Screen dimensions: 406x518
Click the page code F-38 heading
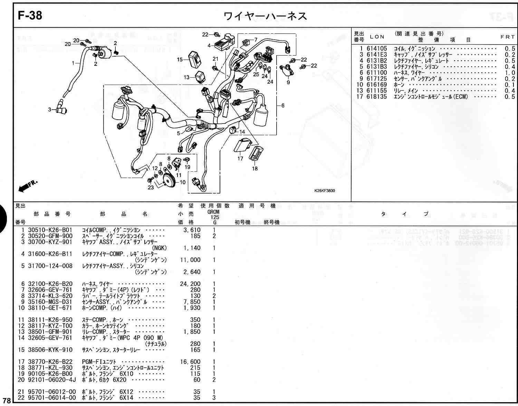pyautogui.click(x=30, y=16)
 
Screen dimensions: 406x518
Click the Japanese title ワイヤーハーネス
pyautogui.click(x=265, y=16)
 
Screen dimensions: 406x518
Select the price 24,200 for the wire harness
pyautogui.click(x=190, y=284)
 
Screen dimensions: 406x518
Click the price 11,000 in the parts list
pyautogui.click(x=190, y=260)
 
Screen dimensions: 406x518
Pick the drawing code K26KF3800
pyautogui.click(x=324, y=190)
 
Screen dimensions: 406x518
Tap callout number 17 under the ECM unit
pyautogui.click(x=240, y=159)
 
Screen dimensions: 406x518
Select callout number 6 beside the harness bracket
pyautogui.click(x=283, y=106)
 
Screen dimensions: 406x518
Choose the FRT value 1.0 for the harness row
pyautogui.click(x=510, y=73)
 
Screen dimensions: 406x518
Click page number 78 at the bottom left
pyautogui.click(x=7, y=400)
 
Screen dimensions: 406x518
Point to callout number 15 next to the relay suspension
pyautogui.click(x=180, y=60)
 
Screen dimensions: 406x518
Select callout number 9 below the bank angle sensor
pyautogui.click(x=288, y=82)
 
